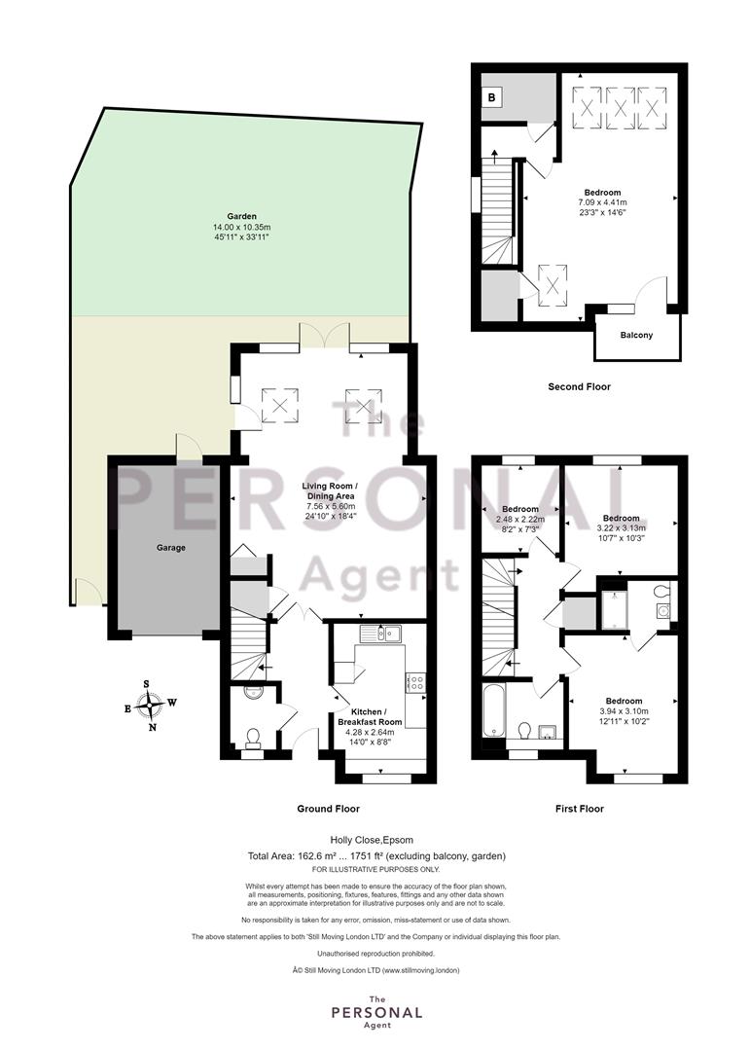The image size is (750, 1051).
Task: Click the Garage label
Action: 171,548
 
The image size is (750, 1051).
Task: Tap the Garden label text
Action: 241,216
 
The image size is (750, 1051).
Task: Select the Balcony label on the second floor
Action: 636,335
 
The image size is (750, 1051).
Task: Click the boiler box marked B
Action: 492,98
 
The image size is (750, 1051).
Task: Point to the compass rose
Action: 149,706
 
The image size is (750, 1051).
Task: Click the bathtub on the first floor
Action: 494,710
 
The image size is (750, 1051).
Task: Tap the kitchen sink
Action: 379,634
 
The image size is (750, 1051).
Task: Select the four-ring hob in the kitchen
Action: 415,683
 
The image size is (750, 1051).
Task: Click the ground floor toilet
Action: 253,739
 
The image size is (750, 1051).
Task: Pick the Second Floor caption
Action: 579,386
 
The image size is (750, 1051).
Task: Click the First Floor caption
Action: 579,809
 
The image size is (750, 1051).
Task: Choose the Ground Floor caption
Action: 329,809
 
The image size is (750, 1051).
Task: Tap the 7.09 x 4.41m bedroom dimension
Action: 602,202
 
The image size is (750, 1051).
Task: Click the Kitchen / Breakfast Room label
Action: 370,717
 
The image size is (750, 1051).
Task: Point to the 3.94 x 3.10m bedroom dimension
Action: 624,711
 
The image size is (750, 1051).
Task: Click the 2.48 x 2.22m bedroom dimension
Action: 520,520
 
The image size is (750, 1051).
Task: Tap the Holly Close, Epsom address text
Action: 372,840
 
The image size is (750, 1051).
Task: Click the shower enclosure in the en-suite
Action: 616,609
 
